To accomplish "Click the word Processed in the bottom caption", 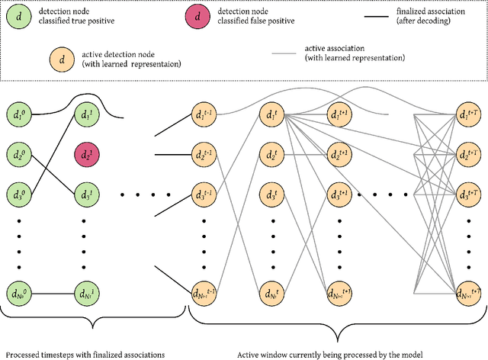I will [x=24, y=353].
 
